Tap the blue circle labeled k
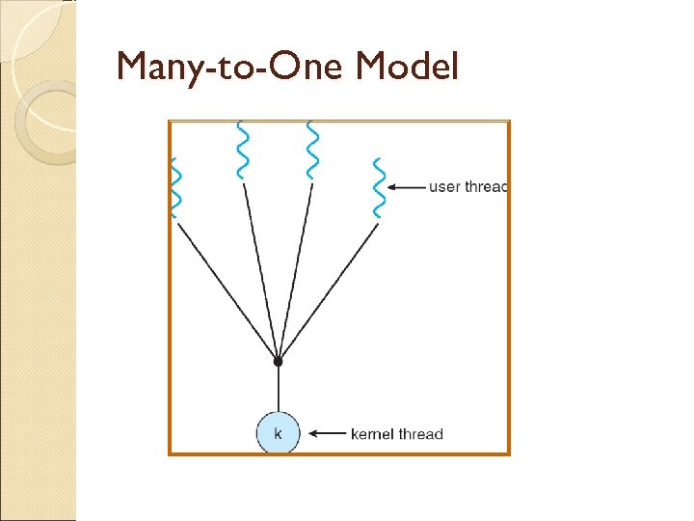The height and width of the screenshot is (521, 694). (278, 433)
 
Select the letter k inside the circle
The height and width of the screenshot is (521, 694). (278, 433)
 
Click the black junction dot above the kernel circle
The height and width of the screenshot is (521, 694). (278, 361)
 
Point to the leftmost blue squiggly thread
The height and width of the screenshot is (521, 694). (175, 187)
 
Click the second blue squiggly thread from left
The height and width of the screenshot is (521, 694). (241, 151)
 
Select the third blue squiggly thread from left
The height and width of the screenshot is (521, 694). (310, 151)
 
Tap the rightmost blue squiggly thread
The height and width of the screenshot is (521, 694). (379, 187)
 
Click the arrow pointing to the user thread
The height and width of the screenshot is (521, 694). (409, 186)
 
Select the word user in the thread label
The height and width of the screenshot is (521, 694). (444, 186)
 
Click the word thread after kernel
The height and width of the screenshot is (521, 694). (422, 434)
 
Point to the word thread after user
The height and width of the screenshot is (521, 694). (486, 186)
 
